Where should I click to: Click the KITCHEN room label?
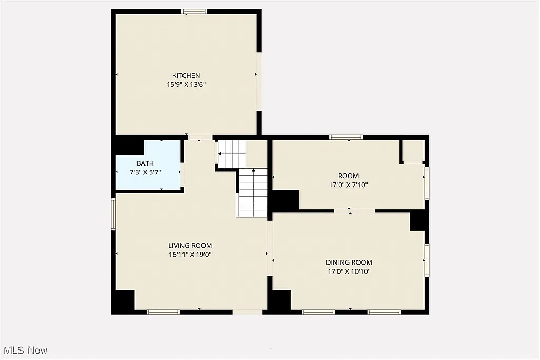pos(186,75)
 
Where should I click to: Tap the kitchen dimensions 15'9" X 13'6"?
pos(186,84)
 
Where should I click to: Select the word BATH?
pos(145,163)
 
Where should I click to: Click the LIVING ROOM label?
pos(190,245)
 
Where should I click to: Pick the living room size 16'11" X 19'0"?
pos(190,254)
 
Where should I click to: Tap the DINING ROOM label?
pos(349,262)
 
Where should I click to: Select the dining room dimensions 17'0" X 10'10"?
pos(349,271)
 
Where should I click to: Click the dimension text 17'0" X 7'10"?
pos(348,185)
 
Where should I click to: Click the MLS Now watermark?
pos(25,350)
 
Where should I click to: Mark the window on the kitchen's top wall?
pos(194,12)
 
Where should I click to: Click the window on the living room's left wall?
pos(113,214)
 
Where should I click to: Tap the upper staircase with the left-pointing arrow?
pos(232,153)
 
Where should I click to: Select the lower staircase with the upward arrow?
pos(253,192)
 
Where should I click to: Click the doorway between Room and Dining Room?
pos(354,211)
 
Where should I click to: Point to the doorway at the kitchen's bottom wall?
pos(200,138)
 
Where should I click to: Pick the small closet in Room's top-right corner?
pos(413,150)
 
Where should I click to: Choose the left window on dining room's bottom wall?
pos(318,312)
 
